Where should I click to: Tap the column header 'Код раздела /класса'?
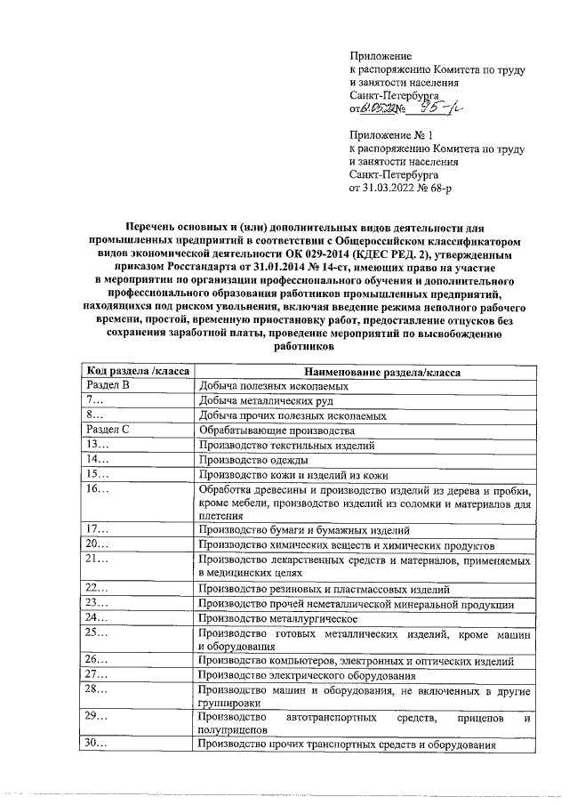(x=137, y=372)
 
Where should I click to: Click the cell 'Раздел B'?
(x=108, y=386)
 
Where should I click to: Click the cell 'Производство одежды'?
(x=254, y=460)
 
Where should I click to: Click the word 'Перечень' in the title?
(x=151, y=229)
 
